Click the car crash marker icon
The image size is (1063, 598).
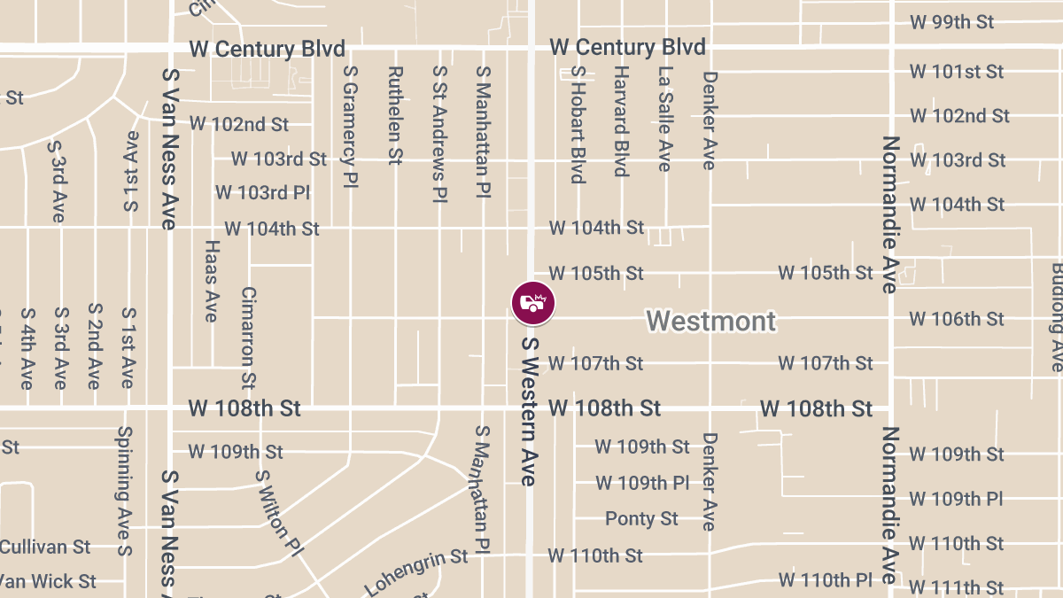(533, 303)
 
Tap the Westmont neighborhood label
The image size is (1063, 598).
(710, 321)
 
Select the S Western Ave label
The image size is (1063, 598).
(530, 411)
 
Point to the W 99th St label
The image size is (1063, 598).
(952, 22)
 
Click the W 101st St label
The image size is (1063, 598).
(957, 71)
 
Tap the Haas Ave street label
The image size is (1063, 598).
(211, 281)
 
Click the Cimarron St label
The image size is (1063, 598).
(248, 338)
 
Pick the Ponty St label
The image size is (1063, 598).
(641, 518)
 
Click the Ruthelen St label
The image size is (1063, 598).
(395, 115)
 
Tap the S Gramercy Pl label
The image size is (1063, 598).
(350, 115)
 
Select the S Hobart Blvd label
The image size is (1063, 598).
(578, 124)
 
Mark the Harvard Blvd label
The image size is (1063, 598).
(621, 120)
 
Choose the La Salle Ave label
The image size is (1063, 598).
(664, 119)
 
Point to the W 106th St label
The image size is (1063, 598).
(957, 319)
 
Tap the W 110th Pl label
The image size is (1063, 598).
(826, 580)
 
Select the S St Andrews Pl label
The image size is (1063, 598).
(439, 133)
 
